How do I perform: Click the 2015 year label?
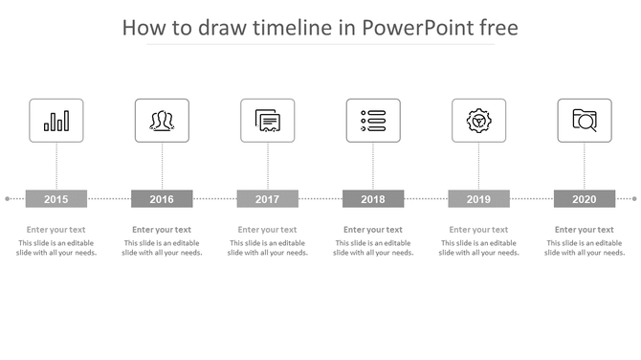tap(56, 199)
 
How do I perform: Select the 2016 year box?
tap(162, 199)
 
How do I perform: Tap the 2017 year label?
tap(268, 199)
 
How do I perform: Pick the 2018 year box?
tap(373, 199)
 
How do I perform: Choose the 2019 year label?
tap(478, 199)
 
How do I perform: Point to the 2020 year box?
tap(585, 199)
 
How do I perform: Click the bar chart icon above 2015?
tap(56, 121)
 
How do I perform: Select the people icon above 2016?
tap(162, 121)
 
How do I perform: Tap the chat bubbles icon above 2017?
tap(268, 121)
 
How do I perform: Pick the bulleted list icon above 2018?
tap(373, 121)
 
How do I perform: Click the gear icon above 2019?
tap(478, 121)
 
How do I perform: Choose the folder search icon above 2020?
tap(585, 121)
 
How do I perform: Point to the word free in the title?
tap(497, 28)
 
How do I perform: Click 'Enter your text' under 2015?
tap(56, 230)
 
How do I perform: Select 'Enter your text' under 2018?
tap(373, 230)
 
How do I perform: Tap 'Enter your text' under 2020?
tap(585, 230)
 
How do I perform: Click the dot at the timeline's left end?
tap(8, 199)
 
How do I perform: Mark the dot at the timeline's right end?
tap(633, 199)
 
